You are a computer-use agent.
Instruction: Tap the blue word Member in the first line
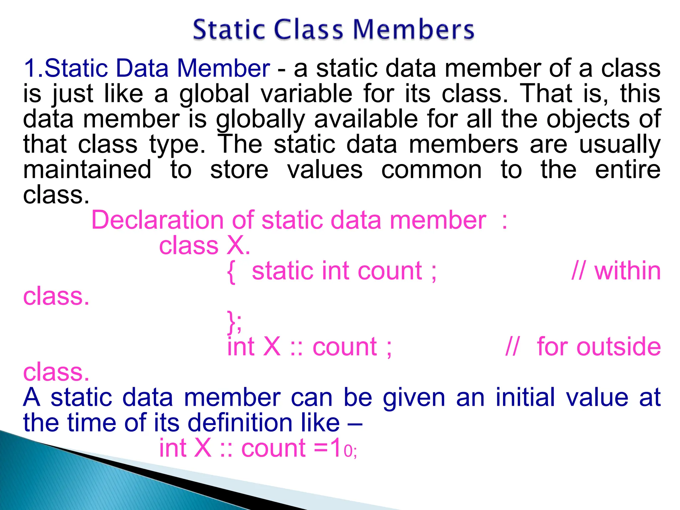tap(223, 68)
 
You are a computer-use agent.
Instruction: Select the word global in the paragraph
tap(214, 94)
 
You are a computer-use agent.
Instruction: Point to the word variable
tap(306, 94)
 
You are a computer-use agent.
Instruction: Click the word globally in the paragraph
tap(260, 120)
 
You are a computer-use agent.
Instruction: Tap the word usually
tap(620, 145)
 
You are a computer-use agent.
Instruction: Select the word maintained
tap(87, 170)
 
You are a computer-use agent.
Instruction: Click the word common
tap(431, 170)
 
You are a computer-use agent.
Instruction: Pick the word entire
tap(628, 170)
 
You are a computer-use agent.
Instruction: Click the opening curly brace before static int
tap(231, 272)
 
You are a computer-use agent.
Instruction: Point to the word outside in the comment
tap(599, 347)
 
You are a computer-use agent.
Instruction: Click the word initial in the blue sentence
tap(525, 397)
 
